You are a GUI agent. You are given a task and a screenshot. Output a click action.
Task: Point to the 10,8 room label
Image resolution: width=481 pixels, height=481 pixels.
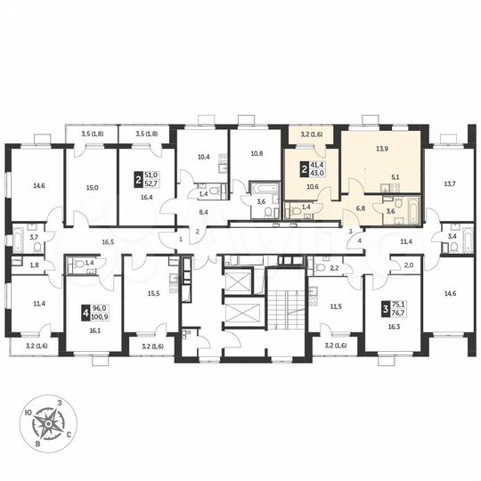tap(257, 153)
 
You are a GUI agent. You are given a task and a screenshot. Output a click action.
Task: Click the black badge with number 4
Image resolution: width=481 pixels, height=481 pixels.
tap(86, 312)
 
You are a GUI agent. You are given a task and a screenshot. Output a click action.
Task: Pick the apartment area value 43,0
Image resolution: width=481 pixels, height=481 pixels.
tap(318, 171)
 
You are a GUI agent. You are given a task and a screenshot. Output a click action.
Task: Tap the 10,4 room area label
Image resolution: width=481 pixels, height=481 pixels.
tap(202, 157)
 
